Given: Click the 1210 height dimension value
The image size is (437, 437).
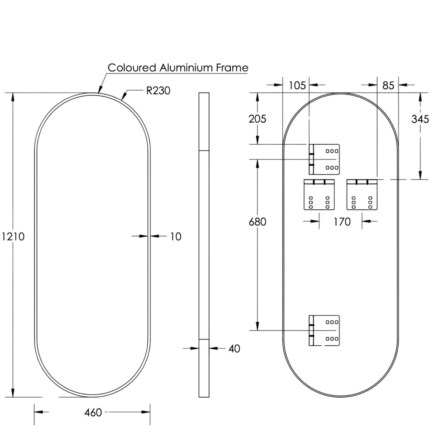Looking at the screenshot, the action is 13,236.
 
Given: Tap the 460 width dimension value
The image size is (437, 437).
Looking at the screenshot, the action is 93,413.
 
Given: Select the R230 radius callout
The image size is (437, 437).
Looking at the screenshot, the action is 158,90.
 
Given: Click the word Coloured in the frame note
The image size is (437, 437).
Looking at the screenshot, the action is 132,68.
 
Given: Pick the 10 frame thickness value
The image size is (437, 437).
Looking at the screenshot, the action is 176,236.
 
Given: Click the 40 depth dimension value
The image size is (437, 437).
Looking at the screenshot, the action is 234,349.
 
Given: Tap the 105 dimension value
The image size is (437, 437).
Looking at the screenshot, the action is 297,85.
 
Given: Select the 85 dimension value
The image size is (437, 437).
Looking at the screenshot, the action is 388,85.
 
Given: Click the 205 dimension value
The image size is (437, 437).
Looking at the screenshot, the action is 257,119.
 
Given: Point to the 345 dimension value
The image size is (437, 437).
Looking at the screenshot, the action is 420,119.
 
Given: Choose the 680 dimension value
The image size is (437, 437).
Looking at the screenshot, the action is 257,222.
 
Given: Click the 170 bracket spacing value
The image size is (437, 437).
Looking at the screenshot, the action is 342,222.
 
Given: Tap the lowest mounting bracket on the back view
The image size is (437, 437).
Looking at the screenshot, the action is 324,330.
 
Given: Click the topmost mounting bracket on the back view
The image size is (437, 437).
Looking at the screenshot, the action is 324,160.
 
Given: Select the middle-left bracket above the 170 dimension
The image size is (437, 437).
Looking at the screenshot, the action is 319,194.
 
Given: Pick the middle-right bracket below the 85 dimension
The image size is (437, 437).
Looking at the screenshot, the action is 362,194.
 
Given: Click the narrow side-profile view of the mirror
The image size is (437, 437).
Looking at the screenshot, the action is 204,245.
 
